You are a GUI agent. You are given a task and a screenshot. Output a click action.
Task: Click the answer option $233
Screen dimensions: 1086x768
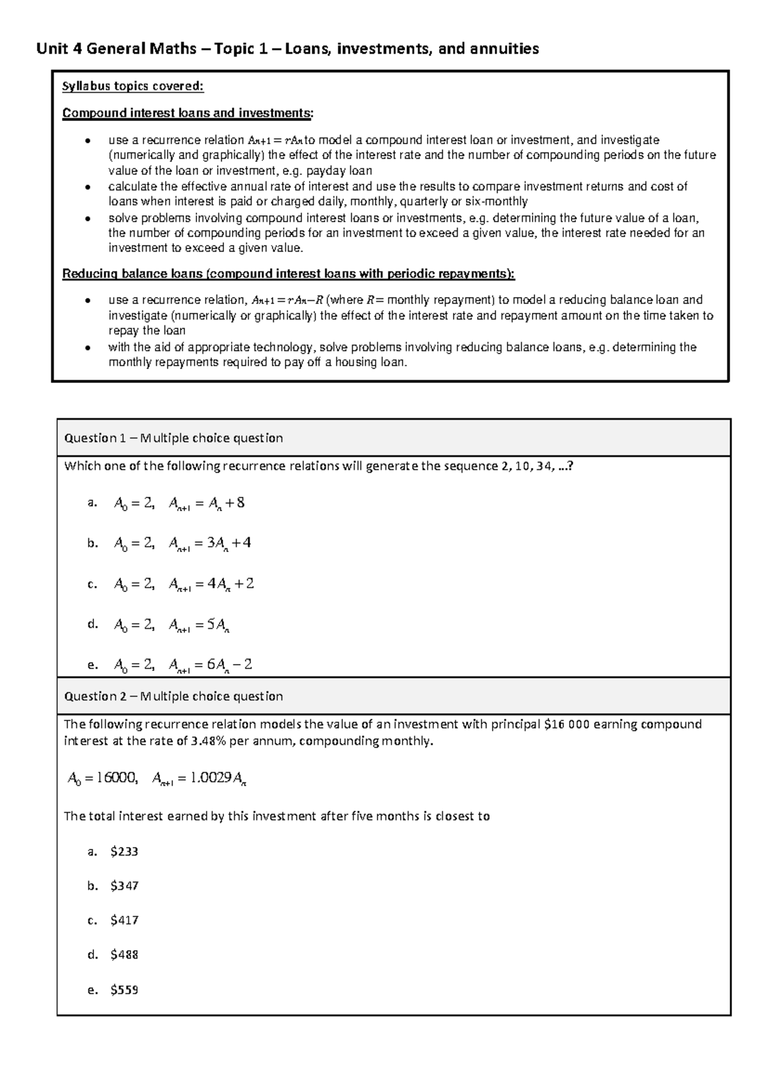(124, 852)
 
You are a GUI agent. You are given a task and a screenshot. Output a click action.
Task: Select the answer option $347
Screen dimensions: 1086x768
(124, 886)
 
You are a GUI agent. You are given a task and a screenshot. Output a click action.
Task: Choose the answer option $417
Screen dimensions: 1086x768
(124, 921)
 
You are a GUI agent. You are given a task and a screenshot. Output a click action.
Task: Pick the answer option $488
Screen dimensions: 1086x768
(124, 955)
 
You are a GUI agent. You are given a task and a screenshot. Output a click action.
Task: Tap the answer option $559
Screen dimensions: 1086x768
(124, 990)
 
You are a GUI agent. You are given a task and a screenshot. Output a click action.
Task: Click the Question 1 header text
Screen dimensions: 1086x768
(173, 438)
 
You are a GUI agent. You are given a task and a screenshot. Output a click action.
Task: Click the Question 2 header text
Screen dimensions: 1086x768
(173, 696)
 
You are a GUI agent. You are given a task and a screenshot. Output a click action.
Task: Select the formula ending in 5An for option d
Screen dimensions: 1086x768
(199, 625)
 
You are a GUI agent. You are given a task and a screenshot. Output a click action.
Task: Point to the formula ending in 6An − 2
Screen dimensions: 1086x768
(211, 665)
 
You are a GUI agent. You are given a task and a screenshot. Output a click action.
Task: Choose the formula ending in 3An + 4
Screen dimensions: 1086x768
(210, 544)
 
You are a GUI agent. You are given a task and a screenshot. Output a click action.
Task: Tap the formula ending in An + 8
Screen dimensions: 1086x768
(207, 503)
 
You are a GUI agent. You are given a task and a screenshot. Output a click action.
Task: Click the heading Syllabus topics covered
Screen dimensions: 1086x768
(132, 87)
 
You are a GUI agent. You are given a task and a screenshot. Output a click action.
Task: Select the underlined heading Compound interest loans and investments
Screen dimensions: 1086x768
(188, 113)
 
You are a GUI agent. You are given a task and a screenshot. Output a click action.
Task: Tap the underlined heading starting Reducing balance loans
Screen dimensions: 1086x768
(288, 274)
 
